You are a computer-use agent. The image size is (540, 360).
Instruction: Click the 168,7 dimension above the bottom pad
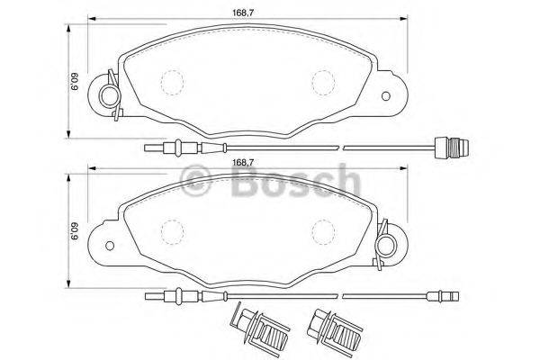[240, 163]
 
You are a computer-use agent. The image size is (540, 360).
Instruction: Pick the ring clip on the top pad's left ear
[109, 95]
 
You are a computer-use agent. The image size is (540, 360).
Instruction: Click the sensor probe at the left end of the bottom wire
[171, 297]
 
